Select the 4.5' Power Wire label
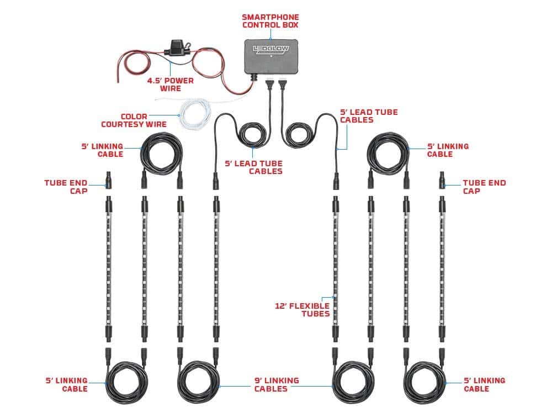(171, 84)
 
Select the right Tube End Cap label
(484, 186)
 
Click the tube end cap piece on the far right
(442, 180)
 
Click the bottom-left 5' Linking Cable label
(67, 384)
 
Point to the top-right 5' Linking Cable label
(448, 150)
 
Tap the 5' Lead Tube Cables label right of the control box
(376, 116)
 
